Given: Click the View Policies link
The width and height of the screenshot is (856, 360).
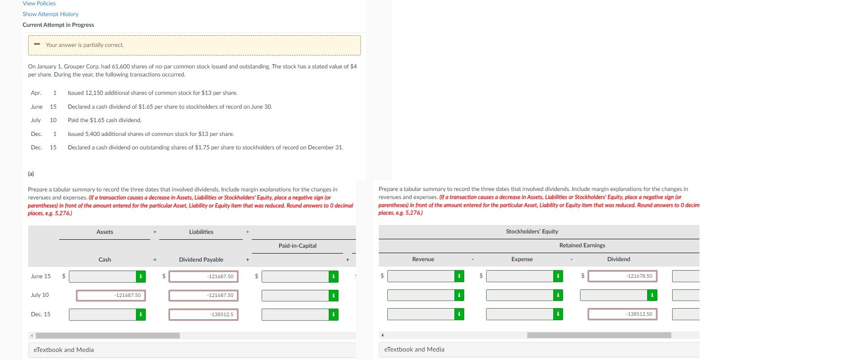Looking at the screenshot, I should click(x=39, y=4).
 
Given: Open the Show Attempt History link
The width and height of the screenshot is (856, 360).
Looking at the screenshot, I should click(x=51, y=14).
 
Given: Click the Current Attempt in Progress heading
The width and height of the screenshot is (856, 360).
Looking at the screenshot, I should click(x=58, y=25).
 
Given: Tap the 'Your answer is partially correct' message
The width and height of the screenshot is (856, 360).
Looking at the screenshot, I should click(x=85, y=45).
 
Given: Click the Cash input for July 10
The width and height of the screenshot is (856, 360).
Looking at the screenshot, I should click(x=111, y=296).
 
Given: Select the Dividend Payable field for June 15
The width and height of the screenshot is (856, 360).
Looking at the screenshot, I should click(x=203, y=277).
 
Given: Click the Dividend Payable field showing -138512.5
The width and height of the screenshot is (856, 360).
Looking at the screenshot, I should click(x=203, y=315).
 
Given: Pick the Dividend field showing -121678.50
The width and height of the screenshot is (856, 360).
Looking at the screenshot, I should click(x=622, y=276).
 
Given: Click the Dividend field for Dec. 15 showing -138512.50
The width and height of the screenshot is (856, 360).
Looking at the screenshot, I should click(x=622, y=314).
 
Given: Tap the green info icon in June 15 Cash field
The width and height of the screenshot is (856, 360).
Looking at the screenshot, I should click(x=141, y=277).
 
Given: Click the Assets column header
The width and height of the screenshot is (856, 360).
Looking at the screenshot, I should click(x=105, y=232).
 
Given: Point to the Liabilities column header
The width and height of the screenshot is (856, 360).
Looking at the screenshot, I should click(x=201, y=232).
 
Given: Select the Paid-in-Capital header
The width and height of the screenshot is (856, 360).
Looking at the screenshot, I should click(x=297, y=246).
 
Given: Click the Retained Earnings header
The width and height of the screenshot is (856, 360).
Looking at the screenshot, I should click(x=582, y=246).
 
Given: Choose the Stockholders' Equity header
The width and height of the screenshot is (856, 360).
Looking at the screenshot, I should click(x=532, y=232).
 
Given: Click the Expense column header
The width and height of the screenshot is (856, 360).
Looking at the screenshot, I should click(x=522, y=259).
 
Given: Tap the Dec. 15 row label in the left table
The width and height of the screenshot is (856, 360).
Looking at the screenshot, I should click(x=41, y=314).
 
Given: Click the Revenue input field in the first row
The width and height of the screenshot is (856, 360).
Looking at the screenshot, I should click(x=420, y=276).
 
